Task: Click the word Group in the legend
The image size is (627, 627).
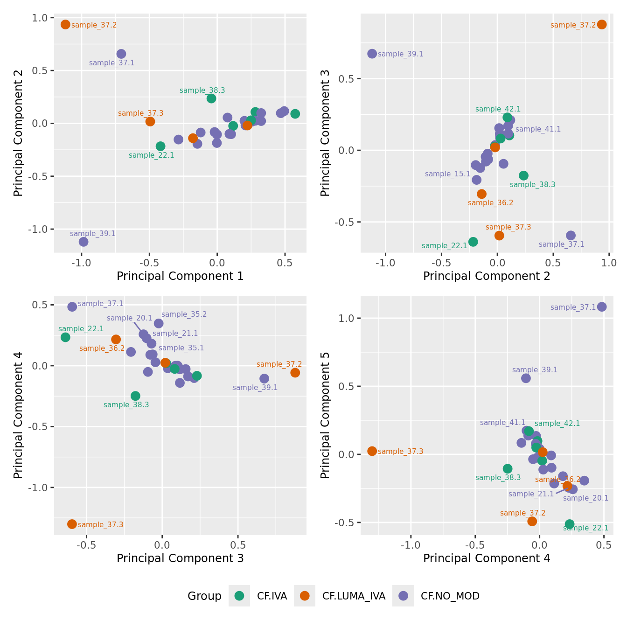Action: tap(204, 596)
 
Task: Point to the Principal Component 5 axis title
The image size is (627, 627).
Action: tap(325, 415)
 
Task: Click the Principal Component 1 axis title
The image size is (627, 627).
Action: tap(180, 276)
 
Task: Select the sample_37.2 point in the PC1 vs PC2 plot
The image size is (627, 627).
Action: tap(65, 24)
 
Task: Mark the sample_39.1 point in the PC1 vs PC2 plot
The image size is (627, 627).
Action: tap(84, 242)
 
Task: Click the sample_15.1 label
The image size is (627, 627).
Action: tap(447, 174)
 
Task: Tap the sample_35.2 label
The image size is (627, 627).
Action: tap(184, 314)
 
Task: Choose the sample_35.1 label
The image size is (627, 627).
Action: tap(181, 348)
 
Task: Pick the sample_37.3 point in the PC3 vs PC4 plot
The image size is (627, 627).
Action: tap(72, 524)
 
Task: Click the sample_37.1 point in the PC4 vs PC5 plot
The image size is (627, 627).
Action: tap(602, 307)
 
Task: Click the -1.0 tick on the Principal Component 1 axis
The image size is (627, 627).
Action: tap(82, 263)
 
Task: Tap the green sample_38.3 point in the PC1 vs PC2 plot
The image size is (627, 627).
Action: tap(211, 98)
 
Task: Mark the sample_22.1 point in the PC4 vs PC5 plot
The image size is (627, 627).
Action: tap(570, 524)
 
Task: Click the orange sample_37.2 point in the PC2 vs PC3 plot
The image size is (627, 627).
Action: tap(602, 24)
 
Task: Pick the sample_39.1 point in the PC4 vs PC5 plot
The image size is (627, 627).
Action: tap(526, 378)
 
